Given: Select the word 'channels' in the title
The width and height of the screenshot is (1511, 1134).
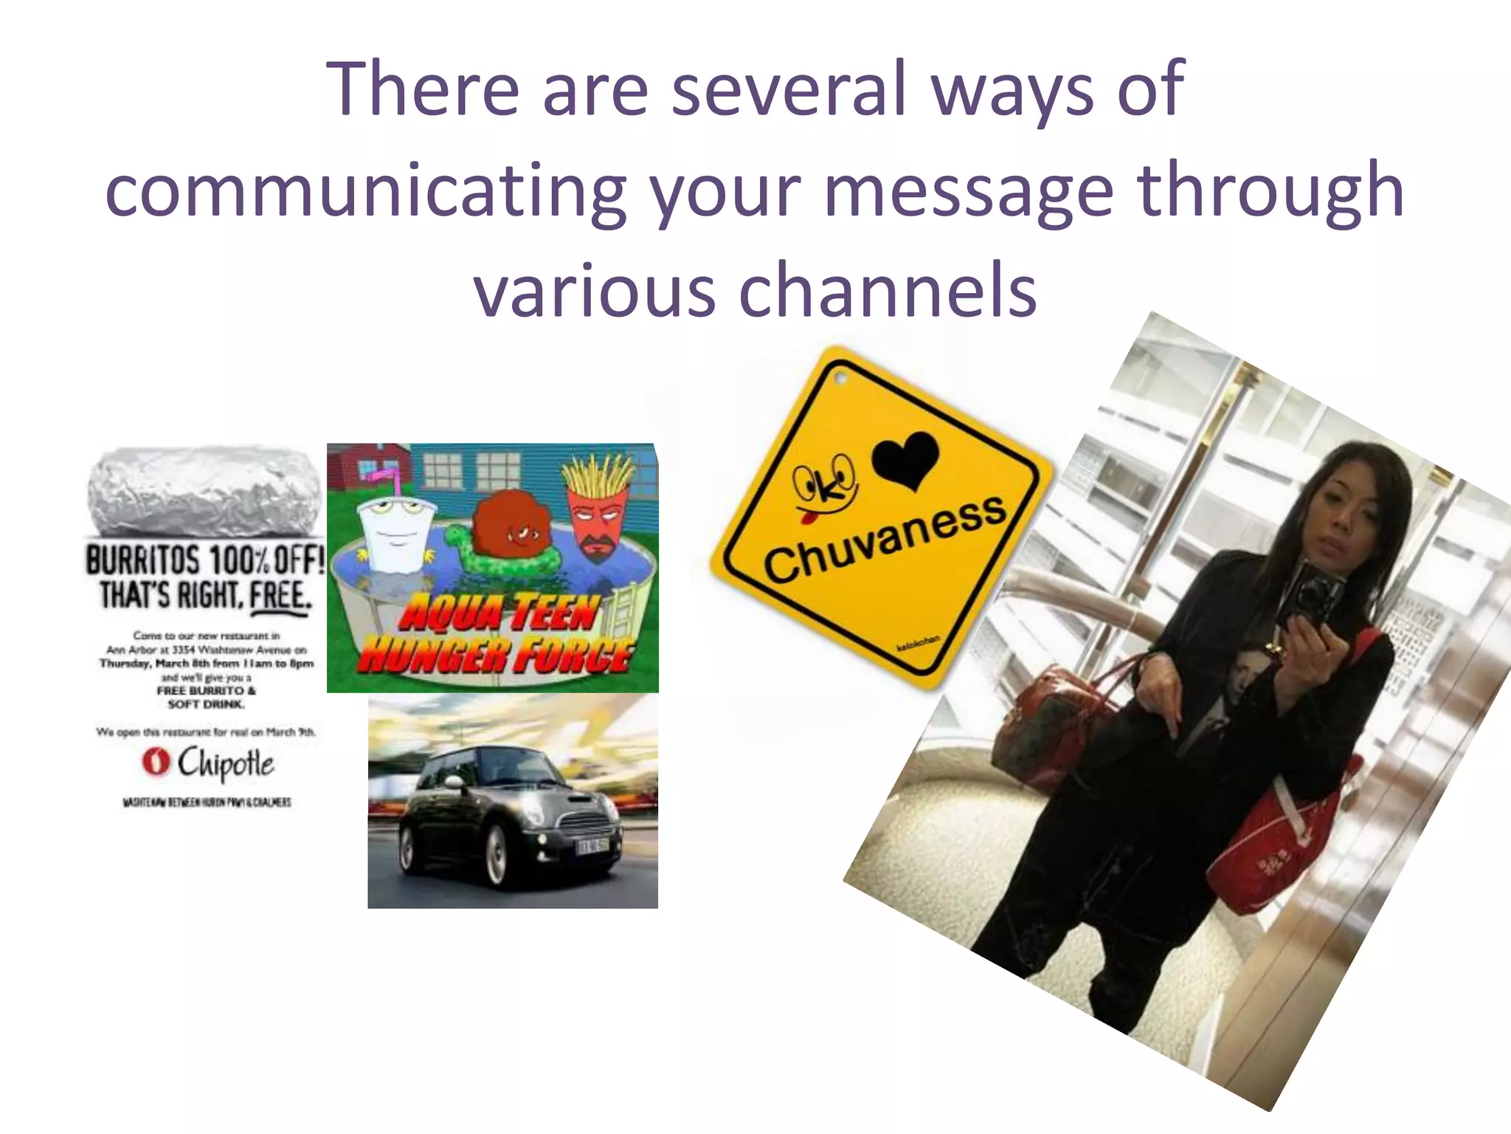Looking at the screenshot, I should point(888,291).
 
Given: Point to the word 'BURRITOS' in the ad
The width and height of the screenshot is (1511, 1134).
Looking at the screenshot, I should point(142,560).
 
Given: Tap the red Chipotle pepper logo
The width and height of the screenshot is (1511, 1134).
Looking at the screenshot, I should point(156,762).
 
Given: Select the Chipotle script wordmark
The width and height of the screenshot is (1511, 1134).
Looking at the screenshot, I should point(226,763).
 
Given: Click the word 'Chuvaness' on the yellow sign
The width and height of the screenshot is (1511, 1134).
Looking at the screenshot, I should point(884,540).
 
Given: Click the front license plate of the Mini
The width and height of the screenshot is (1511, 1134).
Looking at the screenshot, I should point(592,846).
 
